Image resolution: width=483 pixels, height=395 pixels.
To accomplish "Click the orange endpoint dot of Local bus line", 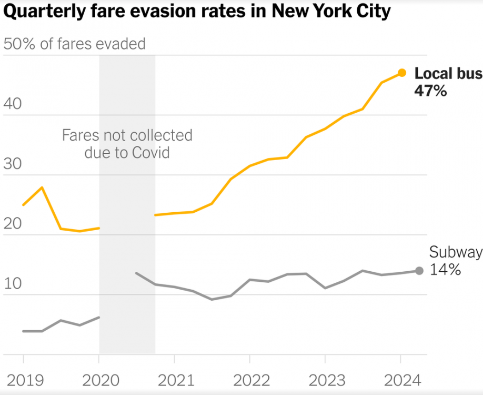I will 401,73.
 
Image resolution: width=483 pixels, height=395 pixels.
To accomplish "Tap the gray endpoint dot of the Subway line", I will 419,271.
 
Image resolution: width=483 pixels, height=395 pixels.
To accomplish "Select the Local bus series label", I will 448,74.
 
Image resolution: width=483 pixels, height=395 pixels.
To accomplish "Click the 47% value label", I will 430,91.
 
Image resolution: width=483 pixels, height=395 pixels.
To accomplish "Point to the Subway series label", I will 455,252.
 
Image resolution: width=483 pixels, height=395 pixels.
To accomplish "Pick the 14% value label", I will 445,270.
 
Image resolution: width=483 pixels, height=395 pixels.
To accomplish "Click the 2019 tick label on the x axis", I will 23,379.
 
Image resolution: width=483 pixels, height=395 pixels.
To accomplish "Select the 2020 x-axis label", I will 99,379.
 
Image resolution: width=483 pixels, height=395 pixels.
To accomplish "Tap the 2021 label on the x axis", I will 174,379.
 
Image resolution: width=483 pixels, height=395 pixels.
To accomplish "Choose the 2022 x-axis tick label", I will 250,379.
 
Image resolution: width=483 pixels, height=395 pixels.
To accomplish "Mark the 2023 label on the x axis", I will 325,379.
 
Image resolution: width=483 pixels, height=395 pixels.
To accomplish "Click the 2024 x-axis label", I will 401,379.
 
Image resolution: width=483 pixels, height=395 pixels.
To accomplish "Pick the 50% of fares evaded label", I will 74,44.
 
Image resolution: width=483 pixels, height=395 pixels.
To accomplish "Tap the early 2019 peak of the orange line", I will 42,187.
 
